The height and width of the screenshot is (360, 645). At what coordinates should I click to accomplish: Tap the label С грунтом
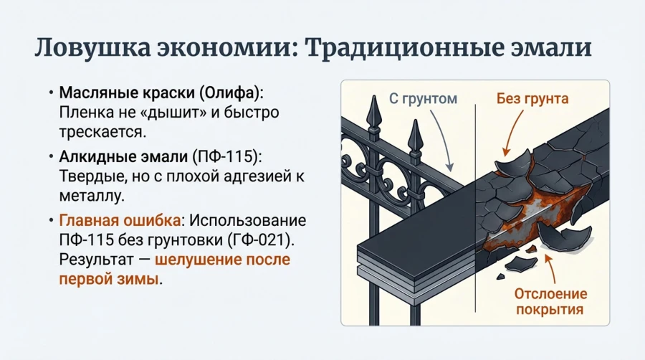click(423, 98)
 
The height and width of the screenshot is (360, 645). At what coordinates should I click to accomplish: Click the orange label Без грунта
click(532, 98)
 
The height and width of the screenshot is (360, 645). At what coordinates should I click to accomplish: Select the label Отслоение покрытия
click(550, 302)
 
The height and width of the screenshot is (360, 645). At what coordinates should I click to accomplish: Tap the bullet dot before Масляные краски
click(51, 94)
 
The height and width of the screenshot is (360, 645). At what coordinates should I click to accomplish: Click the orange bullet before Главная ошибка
click(51, 220)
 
